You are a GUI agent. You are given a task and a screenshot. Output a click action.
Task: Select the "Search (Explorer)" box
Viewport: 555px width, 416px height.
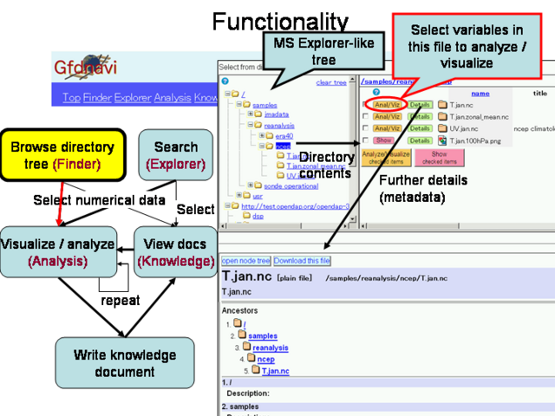[175, 154]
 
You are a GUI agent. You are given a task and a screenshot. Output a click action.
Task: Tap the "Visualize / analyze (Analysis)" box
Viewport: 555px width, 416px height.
[58, 251]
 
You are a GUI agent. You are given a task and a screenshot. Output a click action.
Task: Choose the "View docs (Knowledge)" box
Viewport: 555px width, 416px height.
[175, 251]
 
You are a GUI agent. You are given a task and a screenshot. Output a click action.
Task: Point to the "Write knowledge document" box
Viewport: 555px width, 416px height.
[125, 362]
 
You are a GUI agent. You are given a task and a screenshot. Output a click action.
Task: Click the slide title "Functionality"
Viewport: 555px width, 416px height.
[279, 21]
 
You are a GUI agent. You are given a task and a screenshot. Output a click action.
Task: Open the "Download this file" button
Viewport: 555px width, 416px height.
[302, 260]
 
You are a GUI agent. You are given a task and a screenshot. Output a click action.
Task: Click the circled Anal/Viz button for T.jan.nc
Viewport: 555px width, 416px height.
[388, 105]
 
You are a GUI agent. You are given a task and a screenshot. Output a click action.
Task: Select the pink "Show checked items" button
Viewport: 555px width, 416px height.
[438, 157]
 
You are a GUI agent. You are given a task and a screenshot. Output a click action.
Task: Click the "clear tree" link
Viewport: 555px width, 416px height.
[330, 82]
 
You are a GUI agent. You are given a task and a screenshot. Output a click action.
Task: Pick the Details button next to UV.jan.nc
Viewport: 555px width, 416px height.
[420, 128]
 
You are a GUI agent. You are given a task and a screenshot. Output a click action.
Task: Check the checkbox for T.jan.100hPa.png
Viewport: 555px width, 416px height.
[365, 140]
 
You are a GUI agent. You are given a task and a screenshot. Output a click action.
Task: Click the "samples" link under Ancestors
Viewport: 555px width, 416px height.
[264, 335]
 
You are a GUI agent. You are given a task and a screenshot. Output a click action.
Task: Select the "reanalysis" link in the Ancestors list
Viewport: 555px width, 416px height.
[270, 348]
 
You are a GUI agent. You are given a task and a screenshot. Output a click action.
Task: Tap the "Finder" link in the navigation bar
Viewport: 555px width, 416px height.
[97, 97]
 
